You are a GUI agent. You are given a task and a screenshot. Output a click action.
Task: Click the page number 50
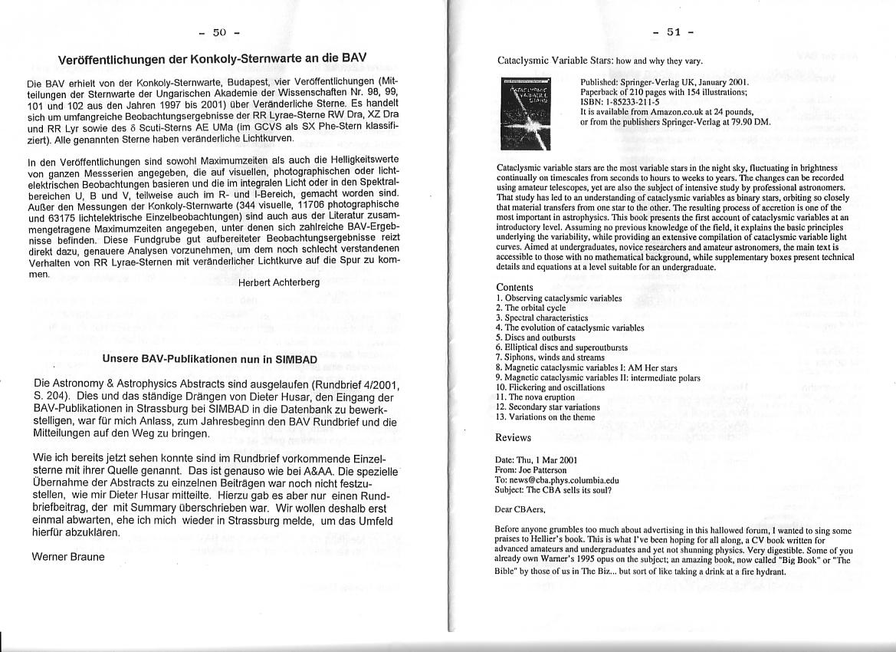220,32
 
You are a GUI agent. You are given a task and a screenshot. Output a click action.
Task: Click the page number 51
674,32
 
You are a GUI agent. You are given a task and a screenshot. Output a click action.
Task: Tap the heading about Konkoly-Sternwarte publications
213,58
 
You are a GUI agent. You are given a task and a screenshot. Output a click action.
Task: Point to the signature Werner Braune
68,556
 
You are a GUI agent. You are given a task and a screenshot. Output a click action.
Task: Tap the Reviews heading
514,437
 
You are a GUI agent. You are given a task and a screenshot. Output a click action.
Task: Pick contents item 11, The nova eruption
537,397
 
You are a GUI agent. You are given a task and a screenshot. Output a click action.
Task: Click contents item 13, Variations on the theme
545,417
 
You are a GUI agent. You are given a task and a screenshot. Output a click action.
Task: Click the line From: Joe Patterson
531,469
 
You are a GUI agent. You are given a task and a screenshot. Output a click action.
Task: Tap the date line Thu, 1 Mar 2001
536,459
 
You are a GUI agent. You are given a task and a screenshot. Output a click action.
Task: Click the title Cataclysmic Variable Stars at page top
599,61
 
